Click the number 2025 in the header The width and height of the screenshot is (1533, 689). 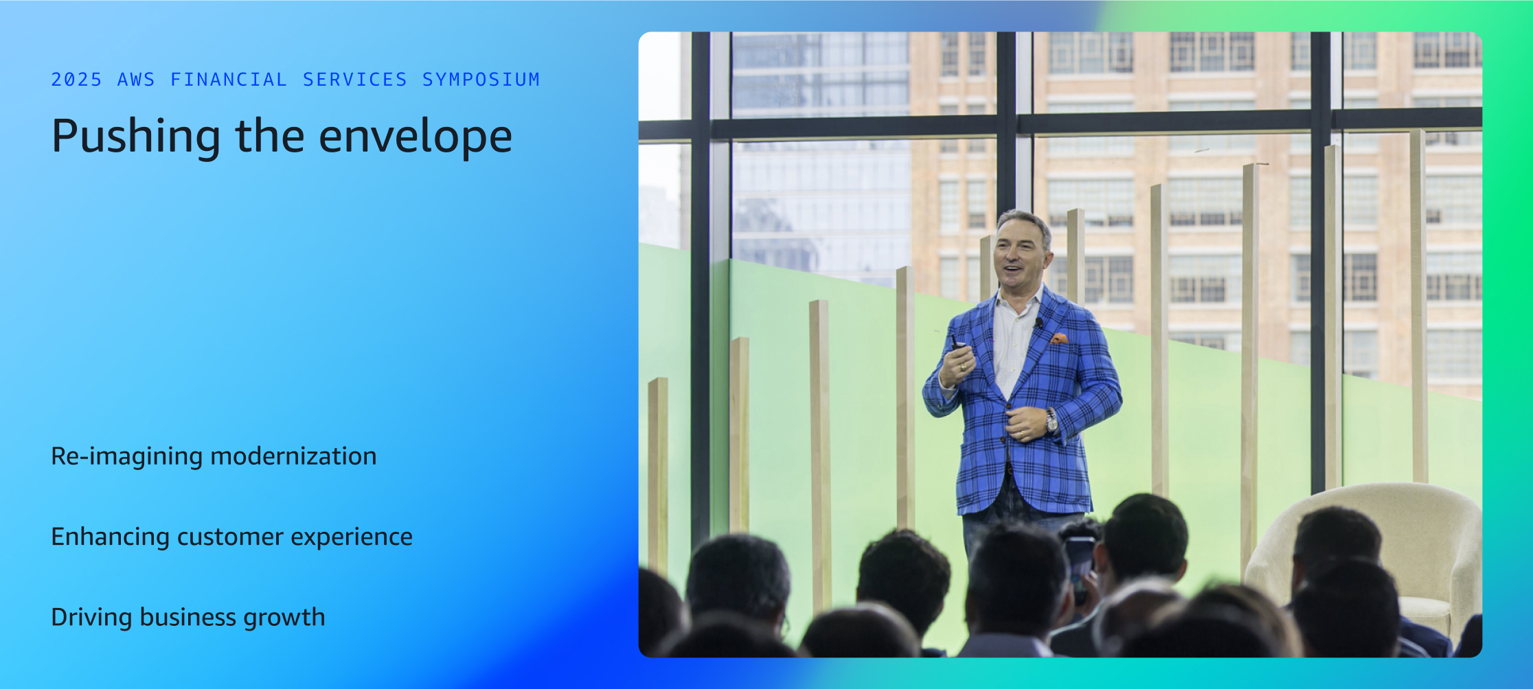point(76,80)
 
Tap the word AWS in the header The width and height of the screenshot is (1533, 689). point(136,80)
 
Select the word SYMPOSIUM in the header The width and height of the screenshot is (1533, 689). point(481,80)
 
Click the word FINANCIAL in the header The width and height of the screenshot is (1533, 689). point(229,80)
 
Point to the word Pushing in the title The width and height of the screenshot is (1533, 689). point(136,137)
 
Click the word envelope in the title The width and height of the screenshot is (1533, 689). point(416,136)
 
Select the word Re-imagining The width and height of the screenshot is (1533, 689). point(127,457)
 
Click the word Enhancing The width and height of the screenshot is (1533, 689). point(110,537)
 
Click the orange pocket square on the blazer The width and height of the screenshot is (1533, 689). point(1058,338)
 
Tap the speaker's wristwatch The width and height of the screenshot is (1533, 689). point(1052,421)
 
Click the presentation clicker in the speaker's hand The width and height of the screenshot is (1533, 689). point(955,342)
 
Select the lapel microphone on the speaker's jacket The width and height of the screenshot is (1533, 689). point(1039,322)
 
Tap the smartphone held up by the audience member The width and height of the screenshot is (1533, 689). point(1079,564)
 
